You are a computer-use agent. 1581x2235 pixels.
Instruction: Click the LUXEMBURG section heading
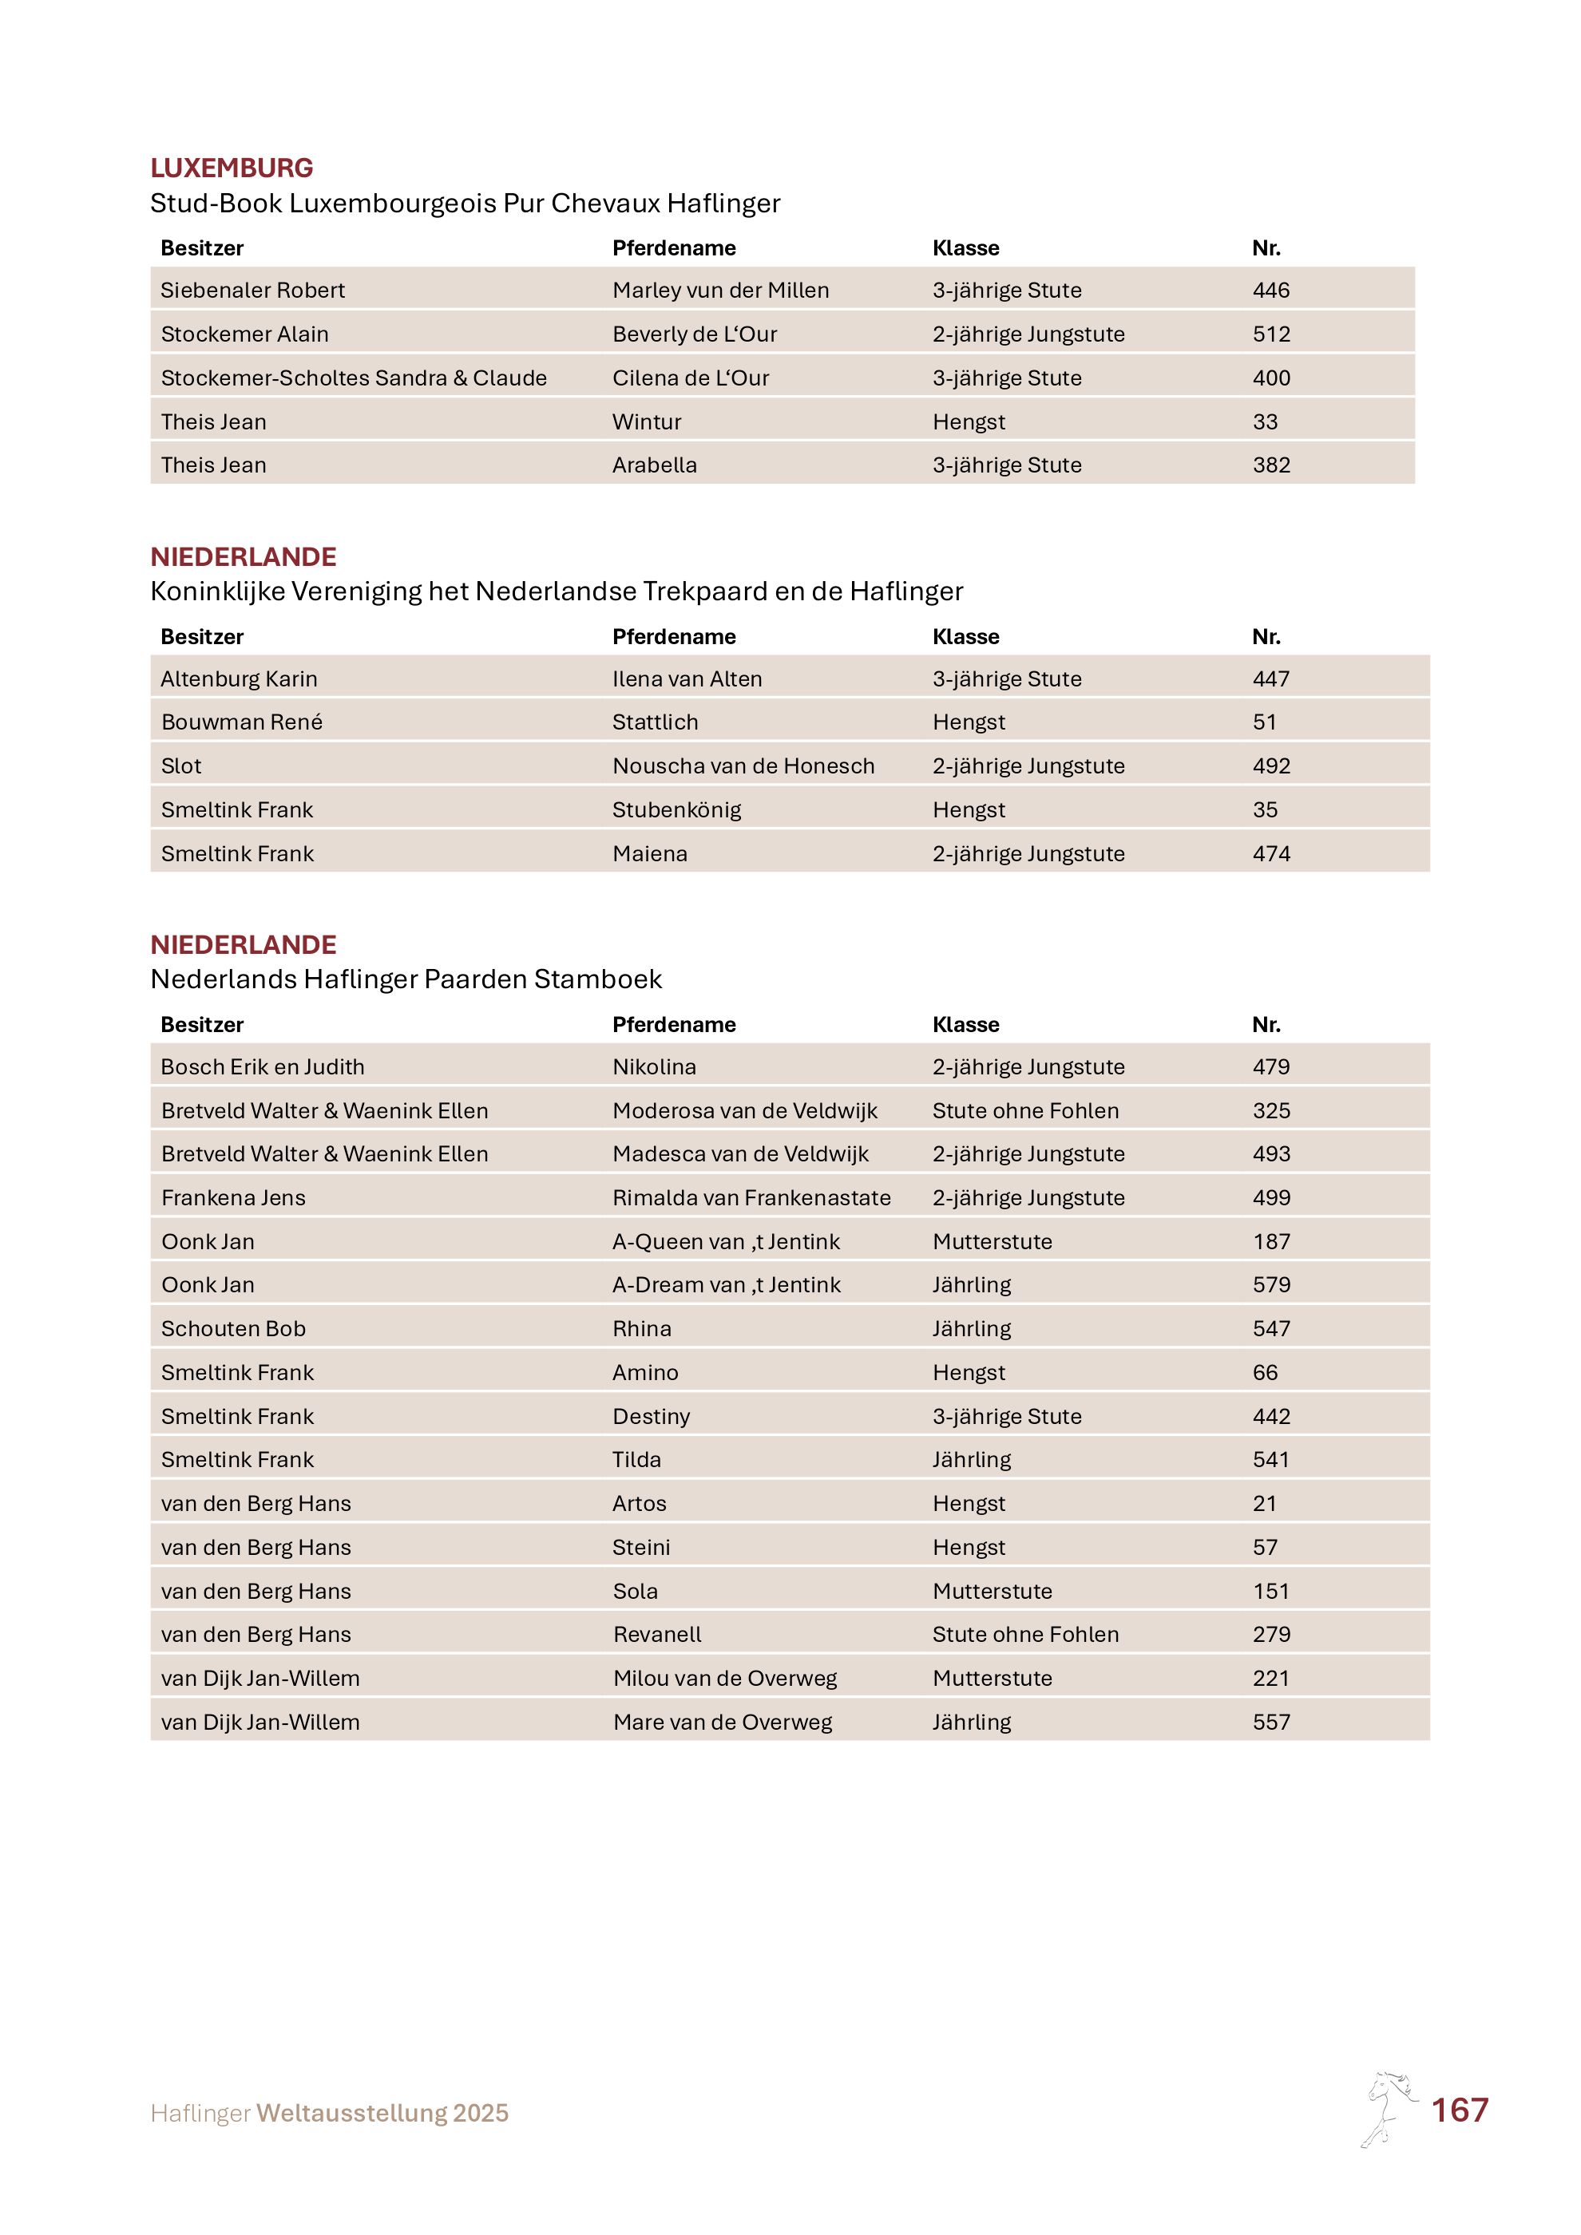[x=232, y=168]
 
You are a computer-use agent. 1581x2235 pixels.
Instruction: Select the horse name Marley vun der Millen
[x=720, y=290]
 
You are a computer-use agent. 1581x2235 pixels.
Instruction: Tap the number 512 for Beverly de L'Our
[x=1270, y=334]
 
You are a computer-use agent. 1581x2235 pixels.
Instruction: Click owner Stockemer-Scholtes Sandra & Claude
[x=354, y=378]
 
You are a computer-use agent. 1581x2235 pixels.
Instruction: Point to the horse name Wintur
[x=647, y=421]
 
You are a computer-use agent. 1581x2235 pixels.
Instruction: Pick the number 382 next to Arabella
[x=1270, y=465]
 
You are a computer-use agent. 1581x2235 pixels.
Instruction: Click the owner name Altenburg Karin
[x=239, y=678]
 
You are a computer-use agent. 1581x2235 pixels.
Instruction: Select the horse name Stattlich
[x=656, y=722]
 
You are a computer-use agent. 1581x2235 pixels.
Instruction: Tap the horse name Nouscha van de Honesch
[x=743, y=766]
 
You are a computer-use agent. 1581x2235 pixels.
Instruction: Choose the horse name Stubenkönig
[x=676, y=810]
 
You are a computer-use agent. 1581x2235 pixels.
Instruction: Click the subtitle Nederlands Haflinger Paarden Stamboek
[x=406, y=979]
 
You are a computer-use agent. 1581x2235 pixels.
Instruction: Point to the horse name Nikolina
[x=654, y=1067]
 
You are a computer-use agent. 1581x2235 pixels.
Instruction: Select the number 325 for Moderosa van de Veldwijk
[x=1270, y=1110]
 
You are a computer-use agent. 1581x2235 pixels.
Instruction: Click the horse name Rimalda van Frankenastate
[x=751, y=1197]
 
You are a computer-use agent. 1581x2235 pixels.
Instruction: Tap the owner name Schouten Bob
[x=234, y=1329]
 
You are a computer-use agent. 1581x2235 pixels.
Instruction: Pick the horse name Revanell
[x=657, y=1635]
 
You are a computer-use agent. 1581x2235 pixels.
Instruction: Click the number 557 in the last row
[x=1270, y=1722]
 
